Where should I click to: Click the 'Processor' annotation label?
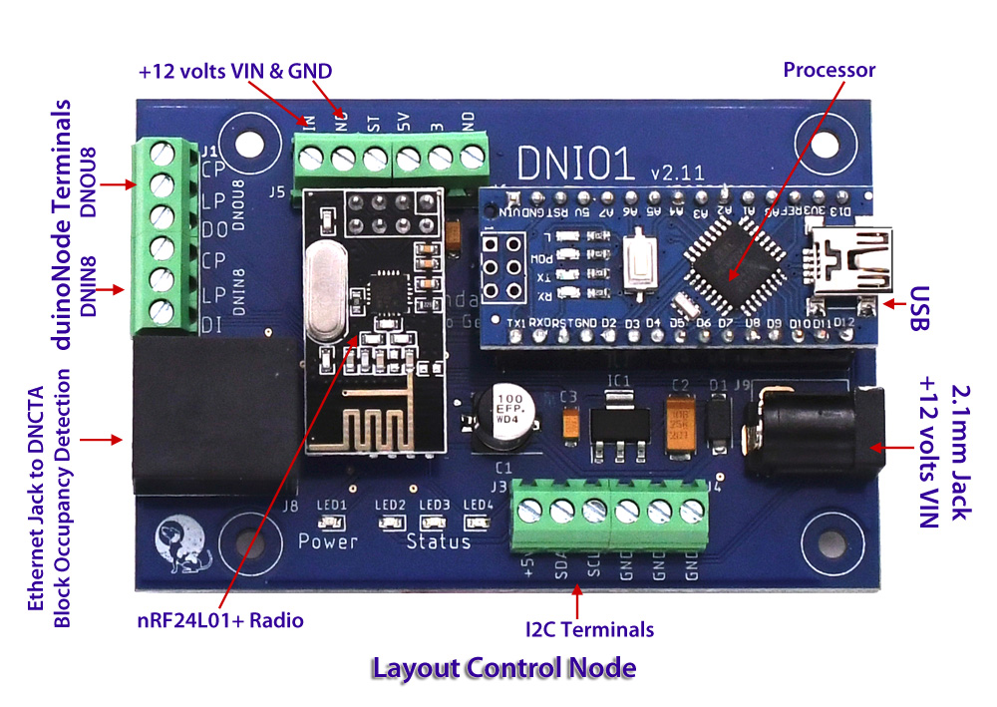tap(829, 71)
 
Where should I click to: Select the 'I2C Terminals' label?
tap(589, 629)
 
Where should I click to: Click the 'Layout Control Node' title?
tap(503, 667)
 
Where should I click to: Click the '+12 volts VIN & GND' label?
tap(234, 72)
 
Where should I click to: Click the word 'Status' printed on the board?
tap(438, 541)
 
